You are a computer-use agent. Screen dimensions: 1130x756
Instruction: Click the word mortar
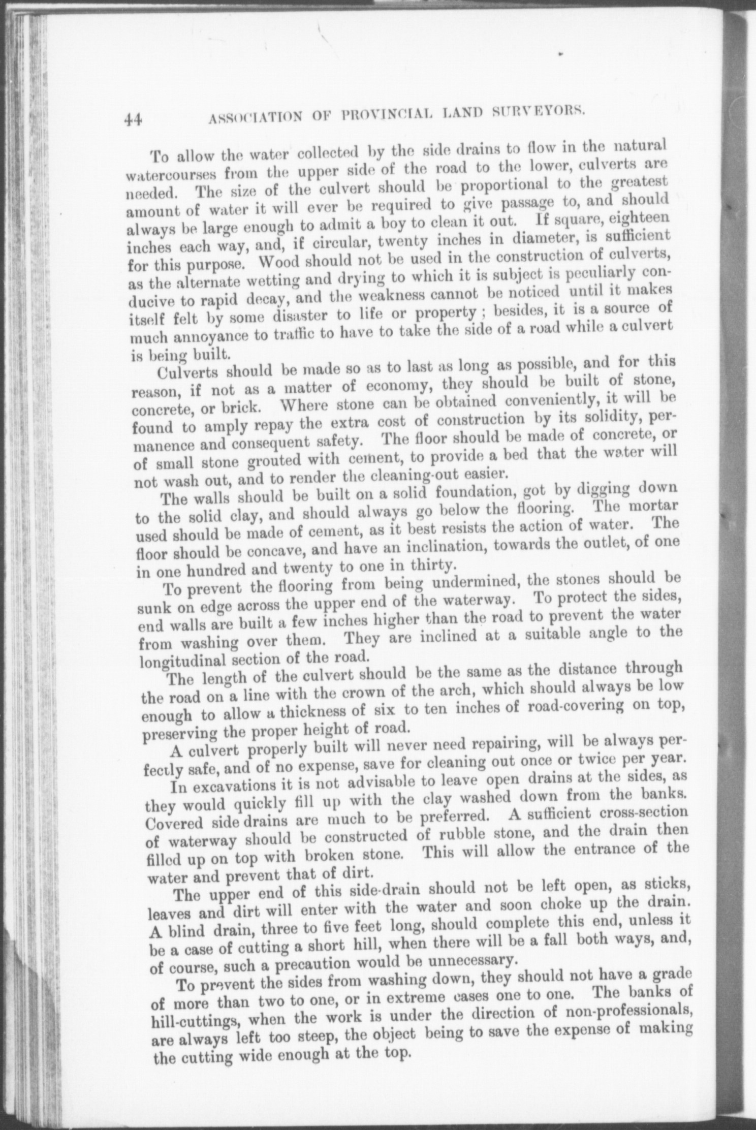(652, 507)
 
